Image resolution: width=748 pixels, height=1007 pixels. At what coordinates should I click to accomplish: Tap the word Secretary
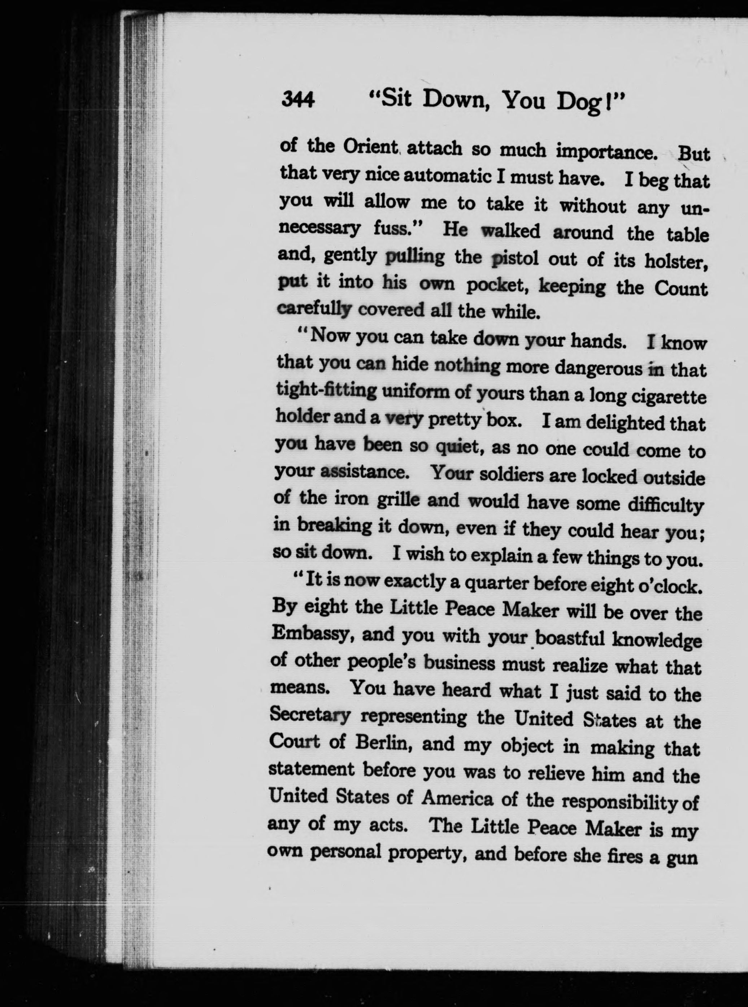pos(310,715)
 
